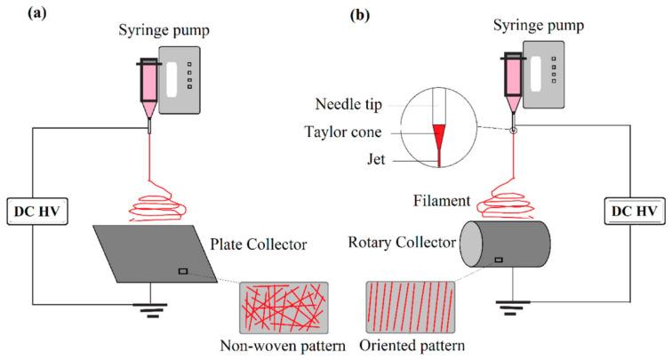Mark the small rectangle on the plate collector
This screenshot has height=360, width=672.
[182, 271]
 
